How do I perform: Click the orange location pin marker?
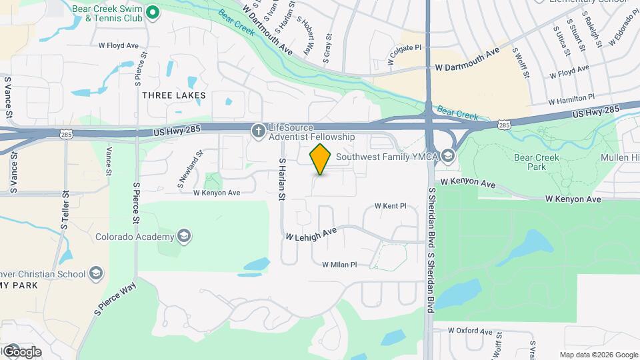point(321,159)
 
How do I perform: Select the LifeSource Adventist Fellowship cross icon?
point(258,131)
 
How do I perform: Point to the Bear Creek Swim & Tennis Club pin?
point(152,12)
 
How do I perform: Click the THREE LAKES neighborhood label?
point(174,95)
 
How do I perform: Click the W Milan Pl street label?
point(339,265)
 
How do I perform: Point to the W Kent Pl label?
point(390,207)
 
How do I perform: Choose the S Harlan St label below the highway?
point(282,179)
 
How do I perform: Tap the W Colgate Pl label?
point(405,54)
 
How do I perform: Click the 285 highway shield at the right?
point(504,124)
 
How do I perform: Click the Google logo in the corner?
point(21,351)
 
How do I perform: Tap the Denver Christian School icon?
point(97,273)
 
